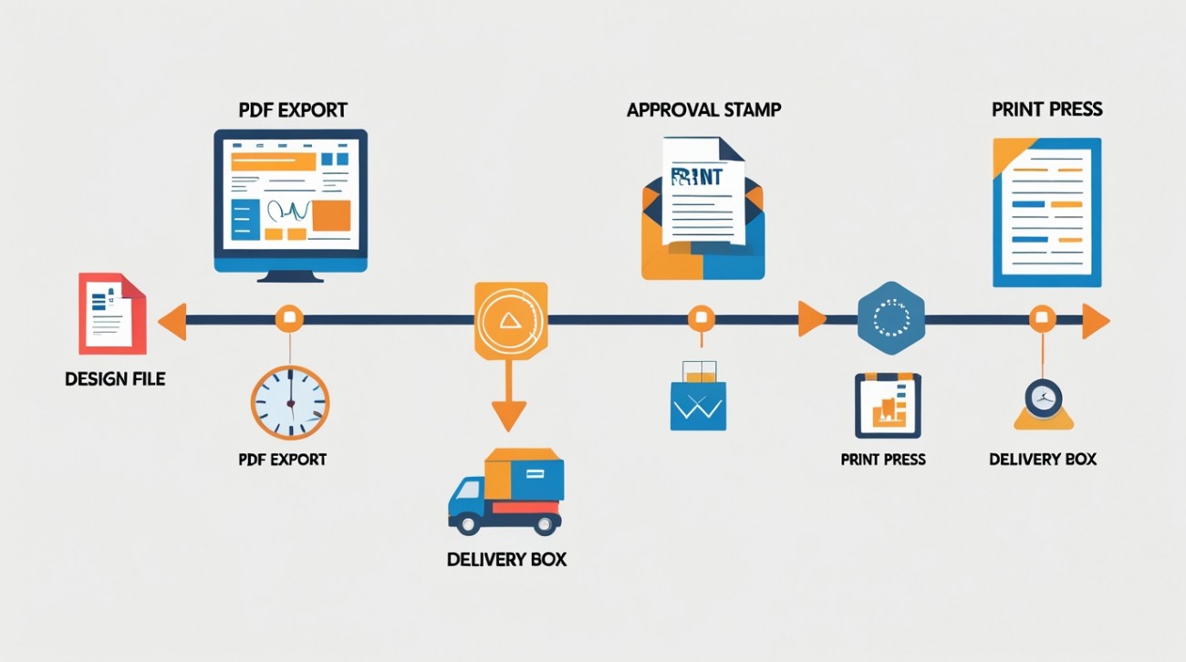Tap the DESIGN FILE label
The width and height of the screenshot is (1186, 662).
point(115,378)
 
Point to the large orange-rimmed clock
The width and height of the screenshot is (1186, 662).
point(290,401)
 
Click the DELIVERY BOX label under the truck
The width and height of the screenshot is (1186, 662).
point(506,559)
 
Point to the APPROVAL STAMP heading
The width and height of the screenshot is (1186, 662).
point(703,110)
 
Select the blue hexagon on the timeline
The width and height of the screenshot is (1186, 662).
point(890,318)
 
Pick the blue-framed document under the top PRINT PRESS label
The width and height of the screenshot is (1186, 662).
point(1046,212)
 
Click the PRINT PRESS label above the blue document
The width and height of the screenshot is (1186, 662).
point(1046,109)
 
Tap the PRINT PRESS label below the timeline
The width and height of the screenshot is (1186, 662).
point(883,459)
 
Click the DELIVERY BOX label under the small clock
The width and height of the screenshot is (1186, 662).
point(1043,459)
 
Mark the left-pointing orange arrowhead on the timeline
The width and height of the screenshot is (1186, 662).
point(172,321)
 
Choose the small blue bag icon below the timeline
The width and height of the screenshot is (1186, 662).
point(698,401)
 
